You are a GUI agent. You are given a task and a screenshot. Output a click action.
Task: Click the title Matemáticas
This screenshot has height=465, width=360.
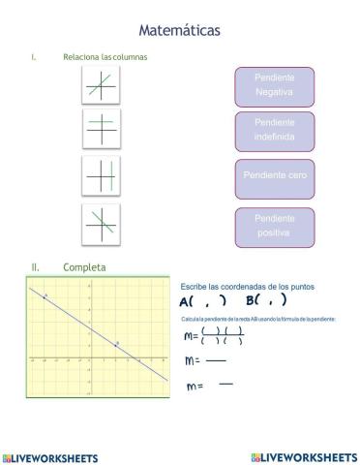coord(179,30)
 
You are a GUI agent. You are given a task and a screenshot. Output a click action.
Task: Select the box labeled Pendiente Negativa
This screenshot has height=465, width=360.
coord(274,85)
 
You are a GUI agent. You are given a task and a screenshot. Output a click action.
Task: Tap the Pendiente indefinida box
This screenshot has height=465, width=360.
coord(274,131)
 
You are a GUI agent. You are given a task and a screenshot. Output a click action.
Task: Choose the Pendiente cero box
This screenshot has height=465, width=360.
coord(274,177)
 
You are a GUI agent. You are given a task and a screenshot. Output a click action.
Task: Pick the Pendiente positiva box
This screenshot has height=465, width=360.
coord(274,227)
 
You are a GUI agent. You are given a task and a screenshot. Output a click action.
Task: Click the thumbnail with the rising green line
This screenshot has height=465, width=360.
coord(101,87)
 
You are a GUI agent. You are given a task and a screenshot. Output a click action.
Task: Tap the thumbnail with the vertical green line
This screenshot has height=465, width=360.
coord(101,176)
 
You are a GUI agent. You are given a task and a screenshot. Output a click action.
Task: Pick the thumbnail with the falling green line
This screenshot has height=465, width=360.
coord(101,224)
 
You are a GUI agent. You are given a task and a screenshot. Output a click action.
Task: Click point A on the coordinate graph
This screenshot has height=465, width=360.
coord(45,295)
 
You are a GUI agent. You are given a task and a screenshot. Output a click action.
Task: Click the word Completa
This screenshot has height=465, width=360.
coord(85,266)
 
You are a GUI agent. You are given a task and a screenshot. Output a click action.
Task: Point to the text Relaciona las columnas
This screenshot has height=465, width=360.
coord(105,57)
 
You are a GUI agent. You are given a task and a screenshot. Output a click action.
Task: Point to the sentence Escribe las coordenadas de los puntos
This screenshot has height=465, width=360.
coord(247,287)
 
